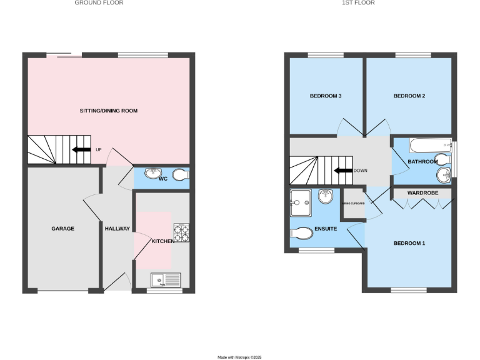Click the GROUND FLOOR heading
(x=99, y=2)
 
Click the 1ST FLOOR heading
(x=358, y=2)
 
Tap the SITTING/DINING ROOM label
(x=109, y=111)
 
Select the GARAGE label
(x=62, y=229)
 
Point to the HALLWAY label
(x=117, y=229)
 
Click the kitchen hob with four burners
(x=181, y=233)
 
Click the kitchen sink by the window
(x=166, y=279)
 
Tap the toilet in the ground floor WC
(x=180, y=174)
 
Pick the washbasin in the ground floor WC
(x=152, y=173)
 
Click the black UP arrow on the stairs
(x=81, y=149)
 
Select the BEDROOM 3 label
(x=325, y=96)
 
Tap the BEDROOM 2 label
(x=409, y=96)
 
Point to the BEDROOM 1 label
(x=409, y=243)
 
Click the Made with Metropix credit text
(x=239, y=357)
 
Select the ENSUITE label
(x=324, y=229)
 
